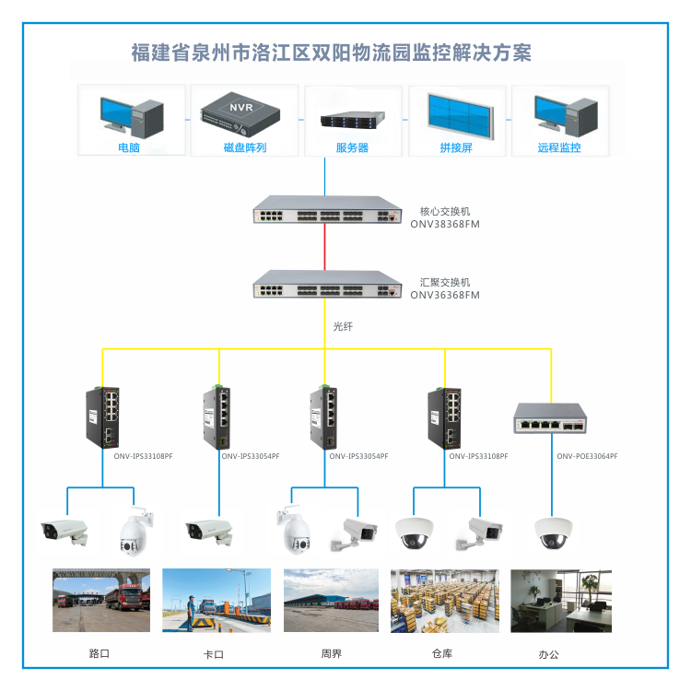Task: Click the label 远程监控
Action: coord(559,147)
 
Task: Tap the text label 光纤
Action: coord(343,327)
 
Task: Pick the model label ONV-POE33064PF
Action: coord(587,456)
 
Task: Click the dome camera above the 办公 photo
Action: coord(554,533)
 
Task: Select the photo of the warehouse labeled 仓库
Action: coord(445,600)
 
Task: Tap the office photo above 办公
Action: coord(560,600)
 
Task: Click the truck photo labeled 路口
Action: coord(101,600)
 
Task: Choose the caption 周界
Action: coord(331,654)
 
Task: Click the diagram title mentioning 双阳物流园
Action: coord(331,52)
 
